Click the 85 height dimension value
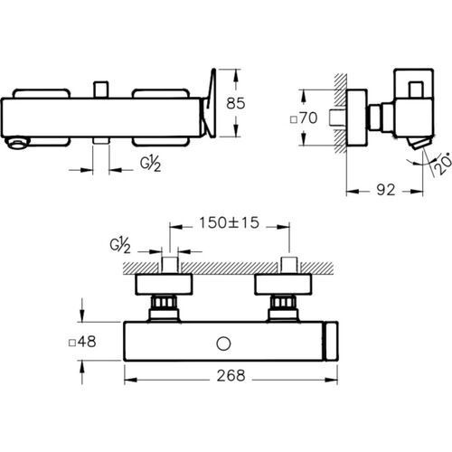click(x=236, y=103)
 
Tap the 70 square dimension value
click(x=308, y=118)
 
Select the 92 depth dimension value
click(x=386, y=190)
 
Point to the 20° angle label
click(x=443, y=164)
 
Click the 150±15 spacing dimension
click(x=229, y=222)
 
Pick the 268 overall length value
click(x=231, y=375)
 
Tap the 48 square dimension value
click(x=87, y=342)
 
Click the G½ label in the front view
click(x=150, y=165)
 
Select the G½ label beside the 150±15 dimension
click(x=120, y=246)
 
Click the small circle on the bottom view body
click(x=223, y=344)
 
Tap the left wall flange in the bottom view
click(x=164, y=284)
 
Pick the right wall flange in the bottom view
click(x=283, y=284)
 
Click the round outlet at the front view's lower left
click(x=18, y=143)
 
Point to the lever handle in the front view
click(x=211, y=103)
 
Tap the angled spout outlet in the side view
click(x=419, y=143)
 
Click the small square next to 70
click(x=294, y=120)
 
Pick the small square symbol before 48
click(x=72, y=344)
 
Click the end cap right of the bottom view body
click(x=331, y=341)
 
